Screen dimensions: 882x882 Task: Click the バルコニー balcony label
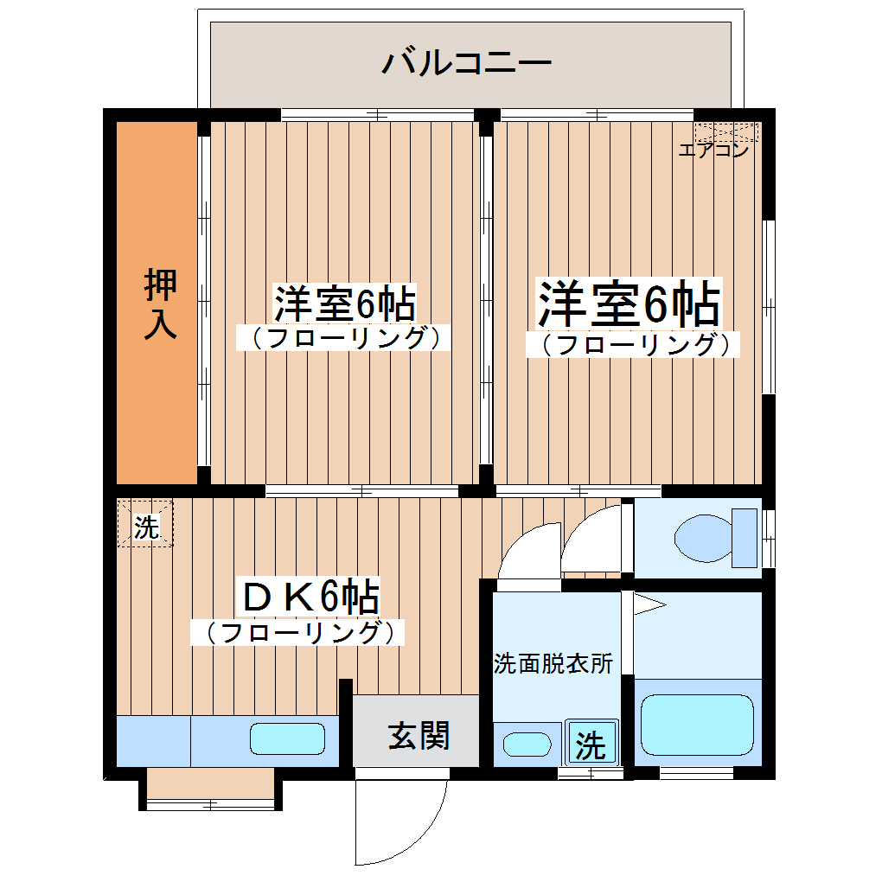(x=466, y=64)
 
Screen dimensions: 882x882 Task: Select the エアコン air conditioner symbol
(x=726, y=132)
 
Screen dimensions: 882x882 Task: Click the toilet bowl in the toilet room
(x=701, y=538)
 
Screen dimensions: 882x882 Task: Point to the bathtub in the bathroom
(x=696, y=725)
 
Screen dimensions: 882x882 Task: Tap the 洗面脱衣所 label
(x=553, y=664)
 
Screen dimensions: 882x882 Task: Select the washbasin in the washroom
(x=527, y=744)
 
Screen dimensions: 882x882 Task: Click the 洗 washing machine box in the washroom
(x=591, y=743)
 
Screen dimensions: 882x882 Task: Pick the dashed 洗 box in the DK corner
(x=145, y=524)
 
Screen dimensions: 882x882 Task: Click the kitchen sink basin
(x=287, y=739)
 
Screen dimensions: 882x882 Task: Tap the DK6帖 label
(x=308, y=597)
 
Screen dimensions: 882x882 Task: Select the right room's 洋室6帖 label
(x=630, y=303)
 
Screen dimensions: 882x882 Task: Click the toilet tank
(x=744, y=538)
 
